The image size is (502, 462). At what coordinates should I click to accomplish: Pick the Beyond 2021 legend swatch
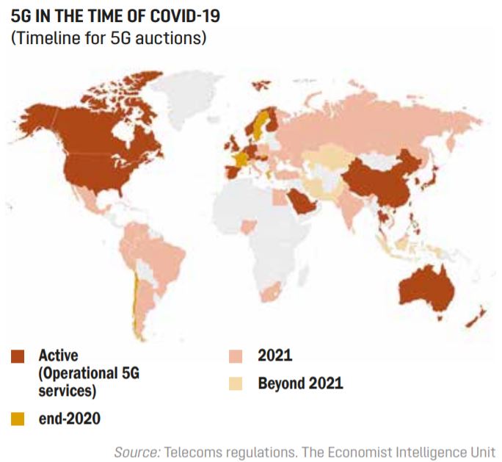236,383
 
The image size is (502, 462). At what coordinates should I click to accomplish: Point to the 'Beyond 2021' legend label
300,383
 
